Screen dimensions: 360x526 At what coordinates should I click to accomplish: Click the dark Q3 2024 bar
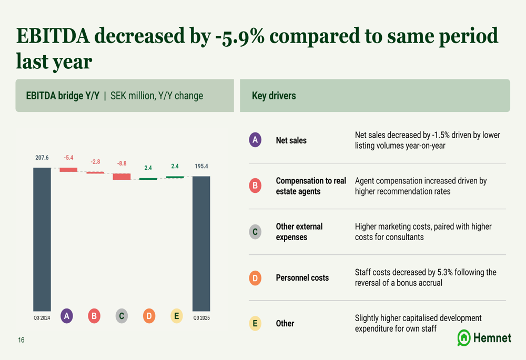point(42,239)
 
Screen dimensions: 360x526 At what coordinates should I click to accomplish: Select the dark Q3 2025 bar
point(201,243)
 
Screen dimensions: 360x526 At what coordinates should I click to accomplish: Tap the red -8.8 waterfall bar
point(122,177)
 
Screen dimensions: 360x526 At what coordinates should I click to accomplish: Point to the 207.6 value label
point(42,158)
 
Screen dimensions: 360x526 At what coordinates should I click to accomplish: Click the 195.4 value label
point(202,166)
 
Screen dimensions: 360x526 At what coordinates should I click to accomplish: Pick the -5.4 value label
point(68,158)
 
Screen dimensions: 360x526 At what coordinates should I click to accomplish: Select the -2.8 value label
point(95,162)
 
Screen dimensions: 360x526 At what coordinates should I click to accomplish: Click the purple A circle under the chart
point(67,316)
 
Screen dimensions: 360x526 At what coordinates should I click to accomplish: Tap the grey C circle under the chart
point(122,316)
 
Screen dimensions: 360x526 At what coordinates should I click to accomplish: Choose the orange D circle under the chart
point(149,316)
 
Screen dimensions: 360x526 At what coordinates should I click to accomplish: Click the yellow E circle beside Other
point(255,323)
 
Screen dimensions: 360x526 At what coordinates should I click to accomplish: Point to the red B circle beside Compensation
point(255,186)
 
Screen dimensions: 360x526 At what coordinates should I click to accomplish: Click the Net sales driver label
point(291,140)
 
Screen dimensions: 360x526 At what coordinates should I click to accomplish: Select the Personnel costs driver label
point(302,277)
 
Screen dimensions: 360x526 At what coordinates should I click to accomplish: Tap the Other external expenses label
point(299,232)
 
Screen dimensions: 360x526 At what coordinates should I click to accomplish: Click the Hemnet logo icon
point(464,338)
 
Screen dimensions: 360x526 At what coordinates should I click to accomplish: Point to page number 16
point(21,340)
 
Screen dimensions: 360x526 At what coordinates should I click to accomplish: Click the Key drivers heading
point(274,96)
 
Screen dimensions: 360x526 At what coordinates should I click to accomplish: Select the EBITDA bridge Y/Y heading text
point(63,96)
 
